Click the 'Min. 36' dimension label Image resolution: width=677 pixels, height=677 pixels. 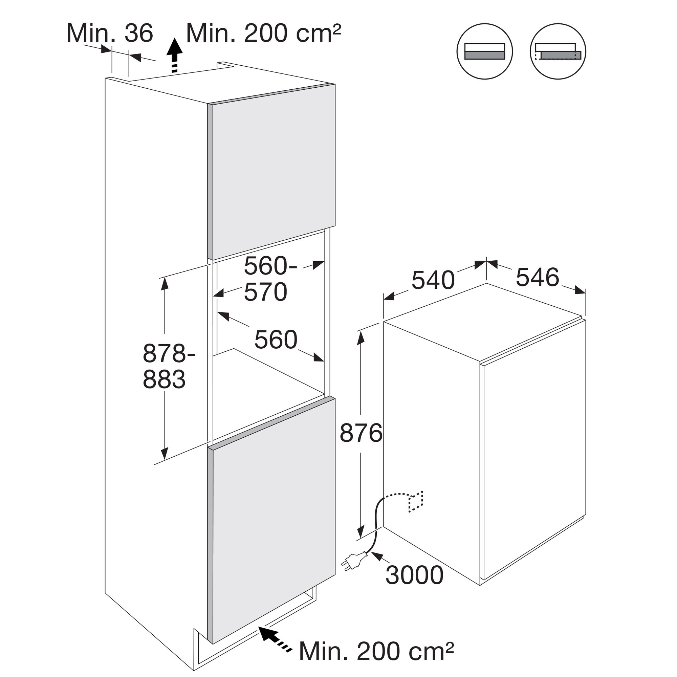(110, 34)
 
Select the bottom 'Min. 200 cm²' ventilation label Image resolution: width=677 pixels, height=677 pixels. (376, 651)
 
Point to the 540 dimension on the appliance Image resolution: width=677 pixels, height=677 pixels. (433, 280)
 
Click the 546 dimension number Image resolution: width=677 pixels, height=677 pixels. (538, 277)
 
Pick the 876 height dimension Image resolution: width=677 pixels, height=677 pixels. (361, 433)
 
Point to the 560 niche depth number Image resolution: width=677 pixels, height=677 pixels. (276, 340)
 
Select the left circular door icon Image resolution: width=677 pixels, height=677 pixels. (485, 51)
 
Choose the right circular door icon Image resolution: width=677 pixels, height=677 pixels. (558, 51)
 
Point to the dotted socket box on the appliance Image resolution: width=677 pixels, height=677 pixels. (416, 502)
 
